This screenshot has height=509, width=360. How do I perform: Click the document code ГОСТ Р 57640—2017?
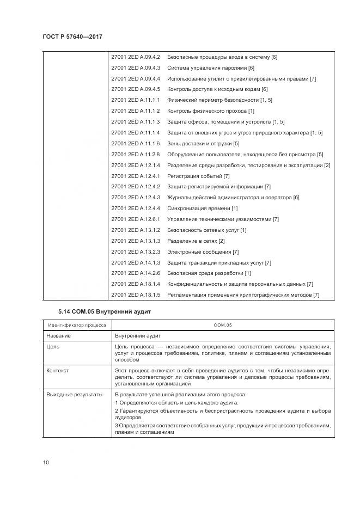click(x=72, y=36)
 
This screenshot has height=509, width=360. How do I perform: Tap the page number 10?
click(x=46, y=463)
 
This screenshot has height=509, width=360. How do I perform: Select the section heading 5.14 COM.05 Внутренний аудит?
click(x=103, y=311)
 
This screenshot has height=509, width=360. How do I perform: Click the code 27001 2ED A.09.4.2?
click(x=135, y=57)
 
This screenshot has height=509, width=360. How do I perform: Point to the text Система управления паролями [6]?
click(x=211, y=68)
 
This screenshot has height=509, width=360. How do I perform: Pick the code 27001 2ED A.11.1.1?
click(x=135, y=100)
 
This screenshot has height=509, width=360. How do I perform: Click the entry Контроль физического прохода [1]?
click(x=211, y=111)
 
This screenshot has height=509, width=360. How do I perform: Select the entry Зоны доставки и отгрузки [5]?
click(x=203, y=143)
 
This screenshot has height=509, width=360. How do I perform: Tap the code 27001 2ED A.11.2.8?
click(x=135, y=154)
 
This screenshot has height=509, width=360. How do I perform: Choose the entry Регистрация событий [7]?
click(x=198, y=176)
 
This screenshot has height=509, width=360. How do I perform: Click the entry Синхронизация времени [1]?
click(x=202, y=208)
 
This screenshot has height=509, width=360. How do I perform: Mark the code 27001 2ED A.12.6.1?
click(x=135, y=219)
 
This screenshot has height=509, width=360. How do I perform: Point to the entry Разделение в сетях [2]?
click(x=196, y=241)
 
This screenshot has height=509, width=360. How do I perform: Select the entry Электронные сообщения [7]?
click(x=203, y=252)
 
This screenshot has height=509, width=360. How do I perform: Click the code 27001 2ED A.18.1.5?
click(x=135, y=295)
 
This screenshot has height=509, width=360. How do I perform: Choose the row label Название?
click(x=58, y=336)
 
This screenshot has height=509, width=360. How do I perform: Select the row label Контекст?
click(x=58, y=371)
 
